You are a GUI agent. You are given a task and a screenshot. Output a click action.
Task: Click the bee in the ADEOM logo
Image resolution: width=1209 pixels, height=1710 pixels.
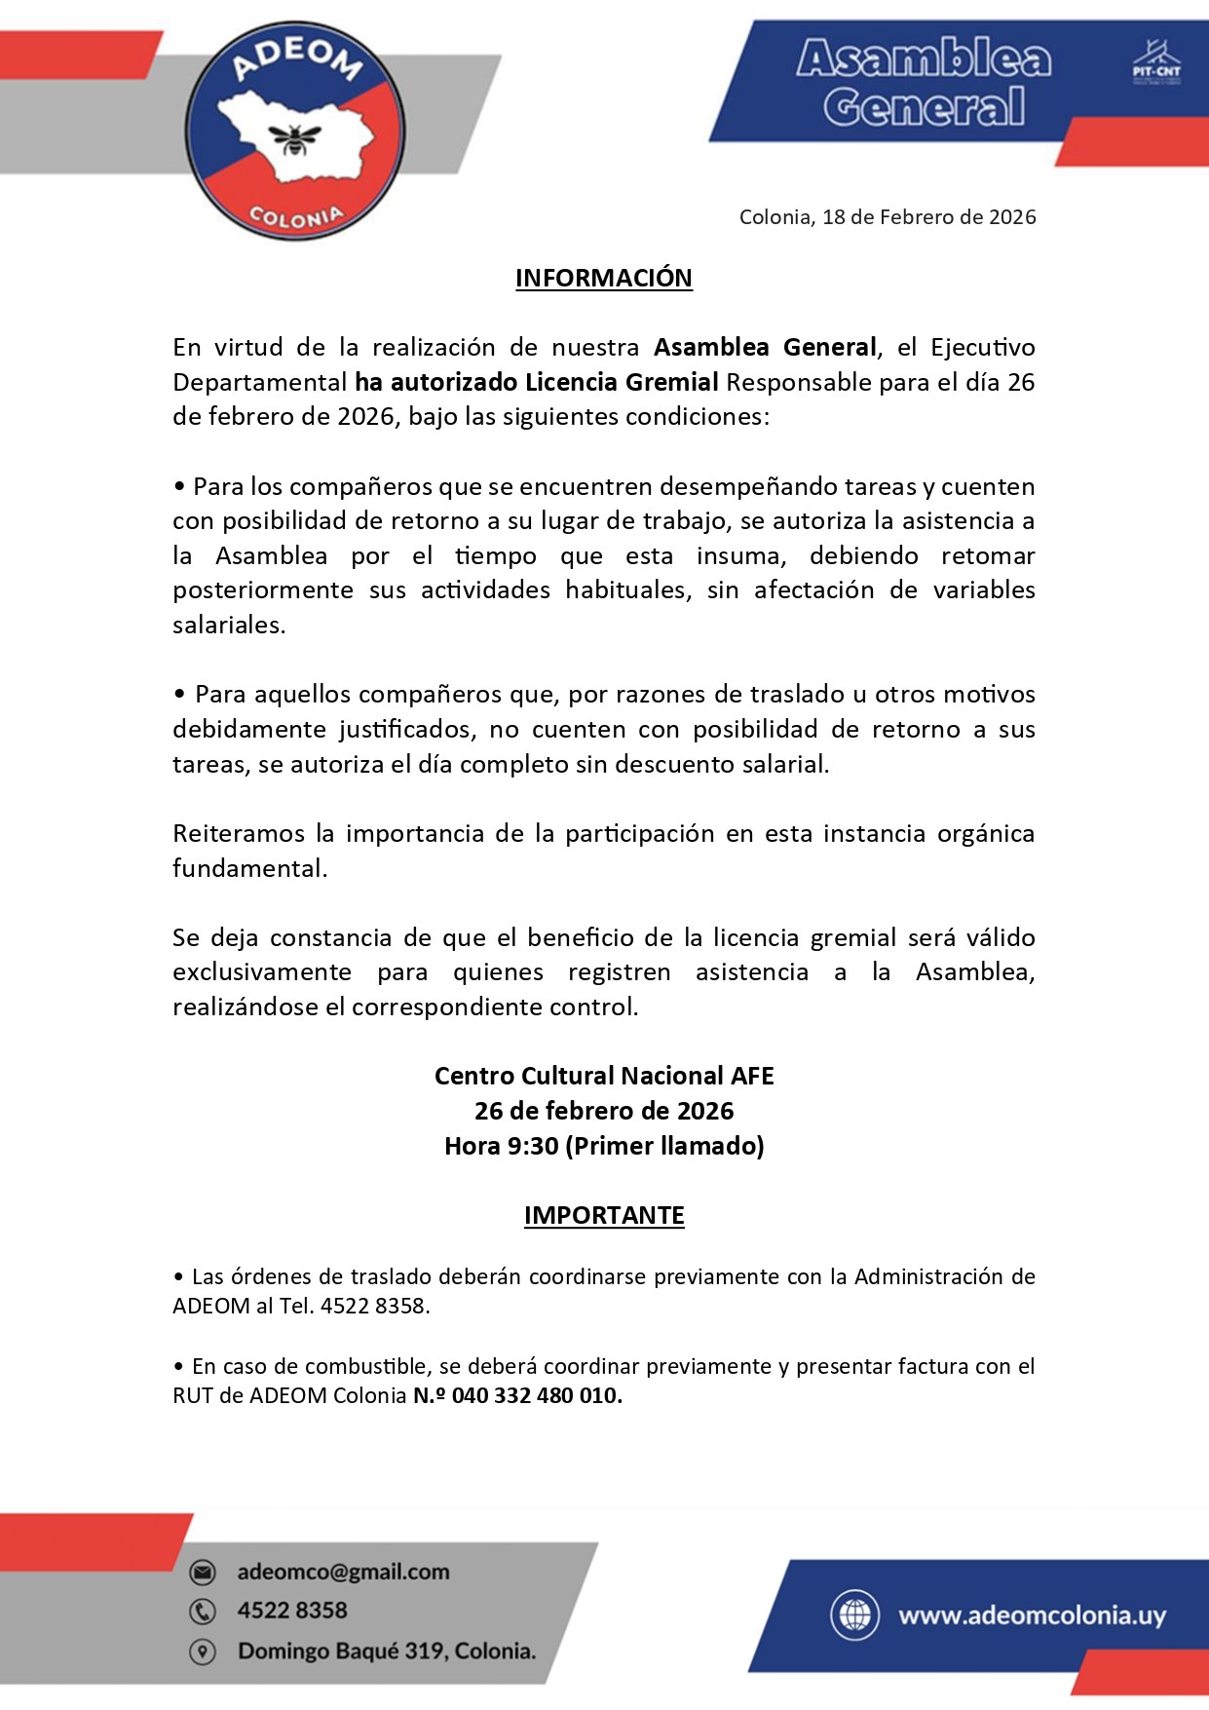coord(295,138)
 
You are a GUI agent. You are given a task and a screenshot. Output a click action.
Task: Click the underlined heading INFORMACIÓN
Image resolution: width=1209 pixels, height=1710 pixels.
coord(603,279)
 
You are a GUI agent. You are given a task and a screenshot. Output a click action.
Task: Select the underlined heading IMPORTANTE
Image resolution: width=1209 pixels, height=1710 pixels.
coord(604,1215)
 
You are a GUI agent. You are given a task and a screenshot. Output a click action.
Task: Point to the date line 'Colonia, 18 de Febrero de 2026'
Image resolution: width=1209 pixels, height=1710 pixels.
coord(887,217)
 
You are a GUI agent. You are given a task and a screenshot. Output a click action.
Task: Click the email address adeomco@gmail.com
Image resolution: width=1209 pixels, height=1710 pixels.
coord(343,1572)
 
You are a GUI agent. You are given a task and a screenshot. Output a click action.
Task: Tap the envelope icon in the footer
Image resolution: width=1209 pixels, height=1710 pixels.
coord(203,1572)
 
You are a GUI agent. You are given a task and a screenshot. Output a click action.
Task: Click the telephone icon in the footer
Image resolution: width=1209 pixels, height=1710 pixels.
coord(203,1612)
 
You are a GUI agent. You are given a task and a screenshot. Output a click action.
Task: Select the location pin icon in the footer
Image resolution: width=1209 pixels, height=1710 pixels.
coord(203,1652)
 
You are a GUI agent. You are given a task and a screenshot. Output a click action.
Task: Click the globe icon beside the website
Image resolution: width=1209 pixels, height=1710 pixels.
coord(854,1615)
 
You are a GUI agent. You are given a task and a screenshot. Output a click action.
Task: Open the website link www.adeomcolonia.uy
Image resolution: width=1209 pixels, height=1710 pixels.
coord(1032,1615)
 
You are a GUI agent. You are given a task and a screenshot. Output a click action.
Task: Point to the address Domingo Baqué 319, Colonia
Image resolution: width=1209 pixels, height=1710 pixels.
coord(387,1652)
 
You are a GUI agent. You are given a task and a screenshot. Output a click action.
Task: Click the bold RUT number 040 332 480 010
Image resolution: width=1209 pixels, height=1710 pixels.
coord(536,1395)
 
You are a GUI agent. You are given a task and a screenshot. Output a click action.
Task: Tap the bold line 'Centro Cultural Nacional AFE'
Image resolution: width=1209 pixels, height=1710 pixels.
coord(604,1076)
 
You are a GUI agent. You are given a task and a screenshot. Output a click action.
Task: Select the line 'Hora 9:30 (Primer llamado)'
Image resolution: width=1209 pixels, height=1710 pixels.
coord(604,1146)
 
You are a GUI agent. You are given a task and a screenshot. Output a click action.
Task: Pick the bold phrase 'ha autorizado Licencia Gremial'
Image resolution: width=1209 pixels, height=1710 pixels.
coord(537,382)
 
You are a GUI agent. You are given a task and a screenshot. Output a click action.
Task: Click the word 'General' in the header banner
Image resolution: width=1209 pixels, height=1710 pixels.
coord(924,106)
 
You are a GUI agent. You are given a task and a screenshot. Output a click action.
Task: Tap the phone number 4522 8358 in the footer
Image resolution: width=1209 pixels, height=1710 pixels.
coord(292,1611)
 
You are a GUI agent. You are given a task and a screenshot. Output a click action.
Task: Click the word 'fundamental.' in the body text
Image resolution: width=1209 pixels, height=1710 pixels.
coord(249,868)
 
